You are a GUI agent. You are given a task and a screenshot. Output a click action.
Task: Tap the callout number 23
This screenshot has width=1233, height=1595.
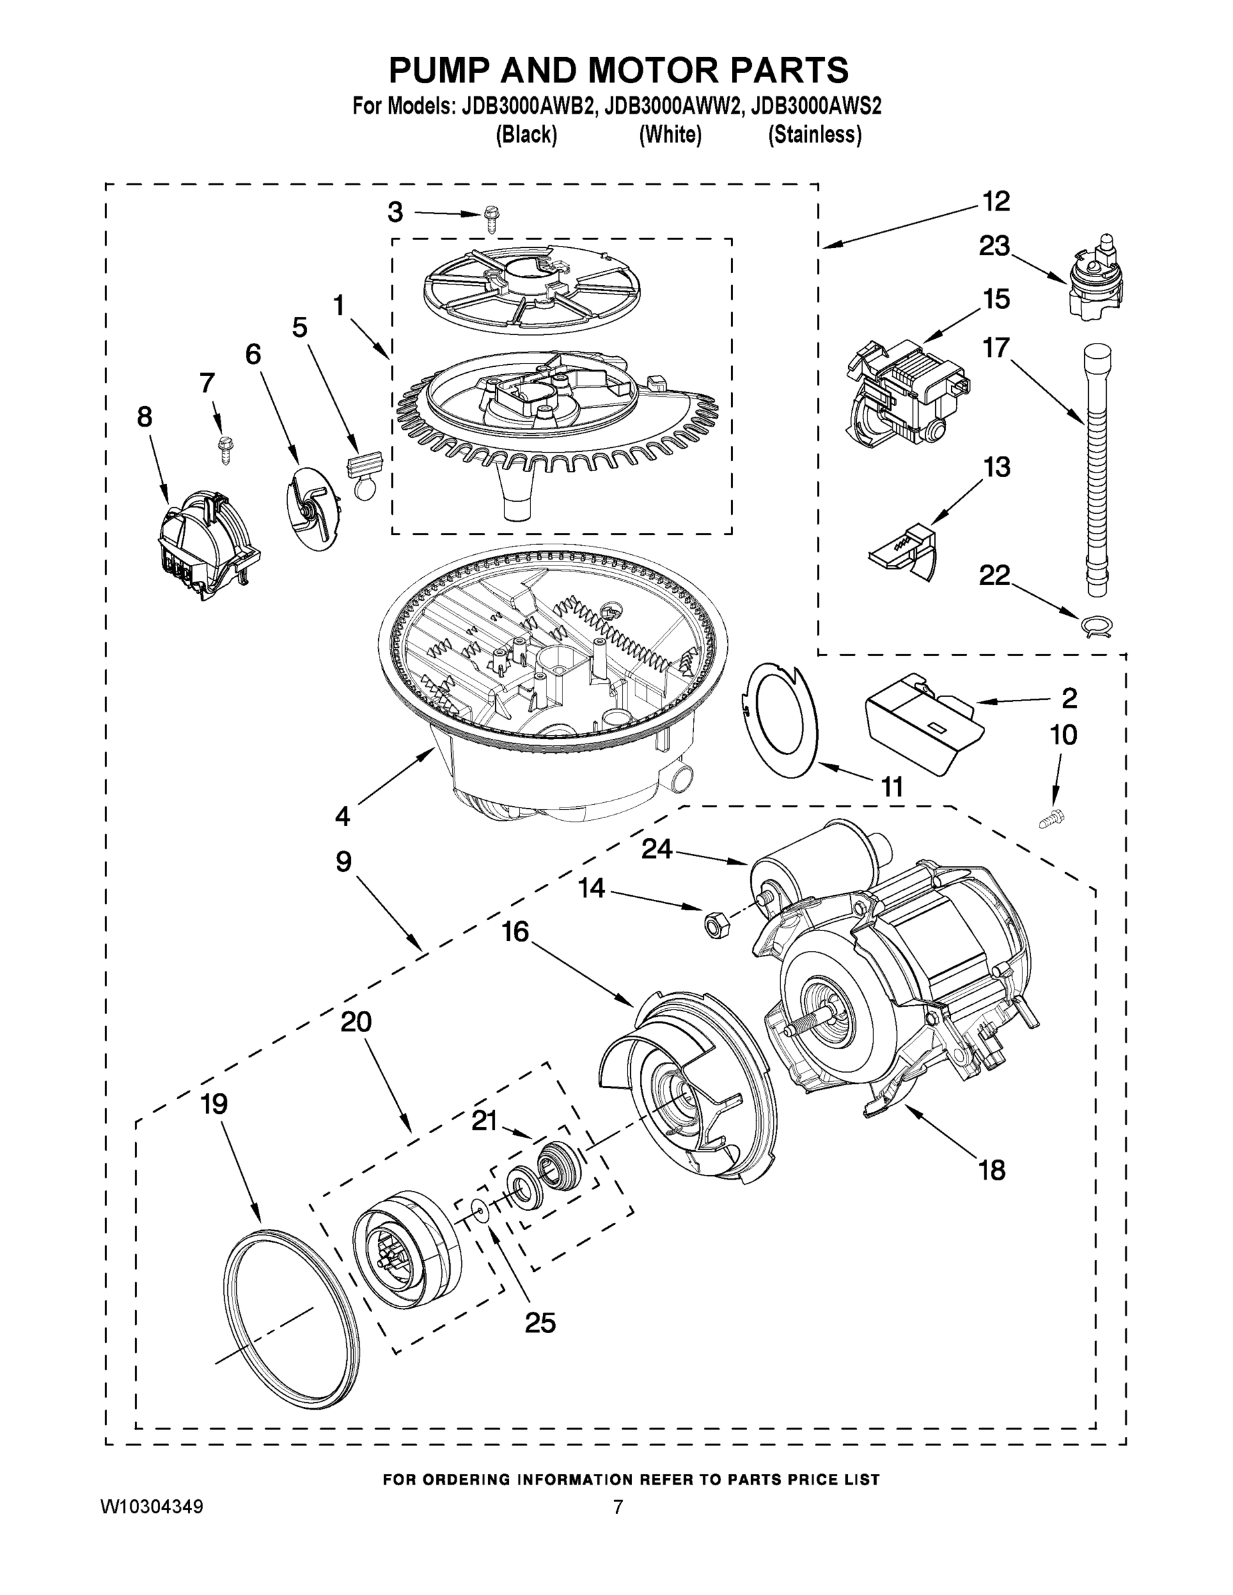pyautogui.click(x=994, y=246)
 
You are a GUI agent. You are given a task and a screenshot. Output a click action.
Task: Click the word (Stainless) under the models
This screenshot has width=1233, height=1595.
pyautogui.click(x=814, y=135)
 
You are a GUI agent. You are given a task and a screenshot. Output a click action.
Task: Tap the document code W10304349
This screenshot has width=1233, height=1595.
pyautogui.click(x=151, y=1507)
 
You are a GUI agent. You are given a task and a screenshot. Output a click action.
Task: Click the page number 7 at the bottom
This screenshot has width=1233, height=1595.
pyautogui.click(x=618, y=1507)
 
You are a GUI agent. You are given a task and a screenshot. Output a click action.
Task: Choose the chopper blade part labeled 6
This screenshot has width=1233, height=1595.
pyautogui.click(x=310, y=509)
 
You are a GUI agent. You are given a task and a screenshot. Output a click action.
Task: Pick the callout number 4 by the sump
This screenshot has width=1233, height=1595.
pyautogui.click(x=342, y=815)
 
